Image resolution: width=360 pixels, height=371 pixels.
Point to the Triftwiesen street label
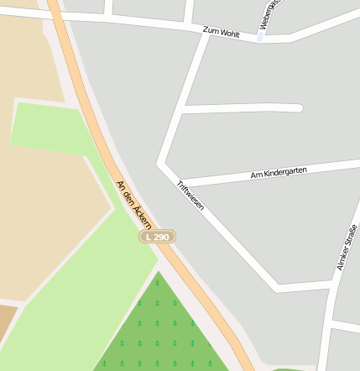click(190, 195)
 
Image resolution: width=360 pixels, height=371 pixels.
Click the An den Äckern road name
click(133, 204)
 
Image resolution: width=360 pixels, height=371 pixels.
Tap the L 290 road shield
click(157, 238)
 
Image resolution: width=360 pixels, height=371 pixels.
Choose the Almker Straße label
click(342, 248)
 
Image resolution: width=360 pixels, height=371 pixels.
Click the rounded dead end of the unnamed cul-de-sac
click(298, 107)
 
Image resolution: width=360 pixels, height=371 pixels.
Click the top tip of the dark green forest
click(157, 273)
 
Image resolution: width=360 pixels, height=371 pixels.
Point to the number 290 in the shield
click(161, 238)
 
